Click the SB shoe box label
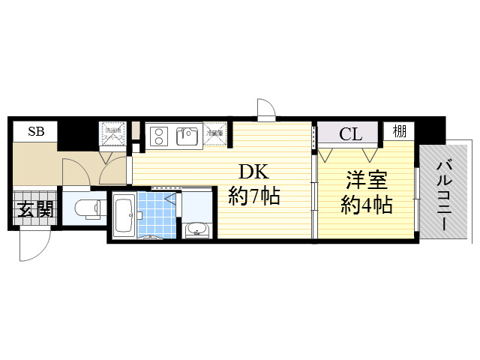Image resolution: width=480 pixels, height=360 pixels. pyautogui.click(x=35, y=131)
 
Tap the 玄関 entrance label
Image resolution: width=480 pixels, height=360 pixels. pyautogui.click(x=35, y=208)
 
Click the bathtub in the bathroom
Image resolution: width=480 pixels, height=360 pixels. pyautogui.click(x=124, y=216)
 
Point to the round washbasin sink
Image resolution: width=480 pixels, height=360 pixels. pyautogui.click(x=197, y=229)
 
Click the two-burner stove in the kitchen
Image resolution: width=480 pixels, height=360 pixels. pyautogui.click(x=160, y=136)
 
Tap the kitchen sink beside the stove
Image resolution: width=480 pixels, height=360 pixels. pyautogui.click(x=186, y=136)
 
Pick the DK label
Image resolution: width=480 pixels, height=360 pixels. pyautogui.click(x=254, y=171)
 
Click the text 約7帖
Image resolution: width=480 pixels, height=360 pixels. pyautogui.click(x=254, y=196)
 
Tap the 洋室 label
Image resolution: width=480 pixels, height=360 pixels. pyautogui.click(x=365, y=180)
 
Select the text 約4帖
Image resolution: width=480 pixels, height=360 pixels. pyautogui.click(x=367, y=204)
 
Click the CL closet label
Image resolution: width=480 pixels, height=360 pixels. pyautogui.click(x=350, y=134)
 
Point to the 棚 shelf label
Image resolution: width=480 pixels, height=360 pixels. pyautogui.click(x=400, y=131)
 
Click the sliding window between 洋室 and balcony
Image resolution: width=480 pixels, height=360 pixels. pyautogui.click(x=416, y=199)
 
